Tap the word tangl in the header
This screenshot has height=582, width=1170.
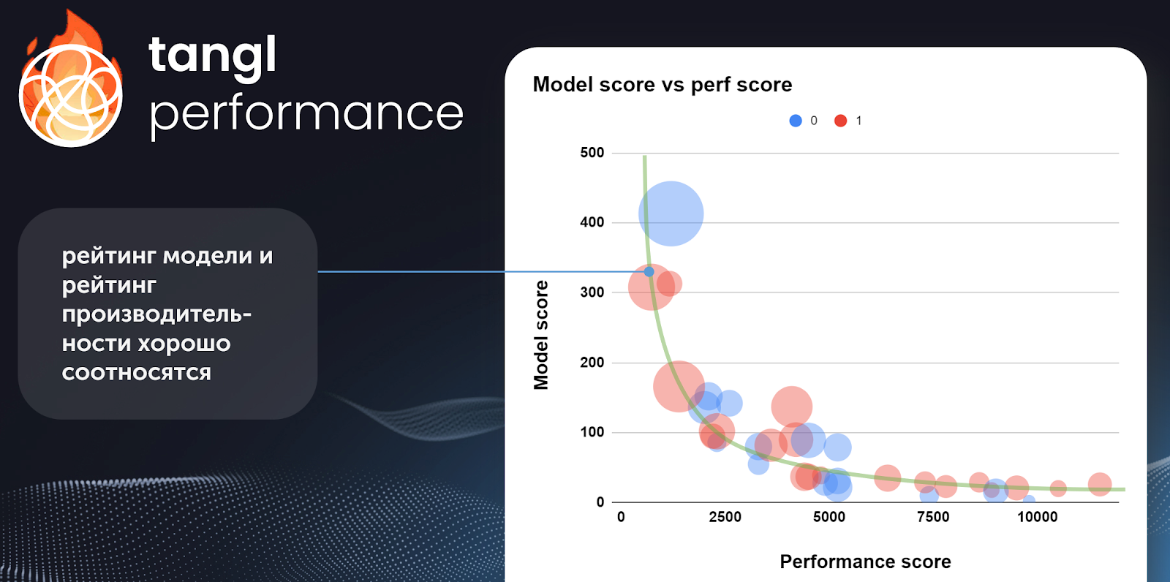click(213, 56)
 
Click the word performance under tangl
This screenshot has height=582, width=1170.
click(306, 114)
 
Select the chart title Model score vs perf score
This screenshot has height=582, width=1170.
click(663, 85)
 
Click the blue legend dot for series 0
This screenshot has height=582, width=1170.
click(796, 121)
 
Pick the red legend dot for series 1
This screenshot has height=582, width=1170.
click(840, 121)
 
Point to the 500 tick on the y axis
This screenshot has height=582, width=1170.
click(592, 153)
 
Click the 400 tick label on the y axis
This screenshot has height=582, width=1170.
click(592, 222)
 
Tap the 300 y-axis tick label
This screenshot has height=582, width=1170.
click(592, 292)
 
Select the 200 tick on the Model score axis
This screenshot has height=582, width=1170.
click(592, 362)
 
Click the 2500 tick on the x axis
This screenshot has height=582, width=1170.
click(725, 517)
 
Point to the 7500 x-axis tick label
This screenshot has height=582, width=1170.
click(933, 517)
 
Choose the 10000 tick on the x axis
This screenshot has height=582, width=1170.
click(1038, 517)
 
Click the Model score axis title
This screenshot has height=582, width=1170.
click(541, 335)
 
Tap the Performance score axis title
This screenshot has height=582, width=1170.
click(866, 562)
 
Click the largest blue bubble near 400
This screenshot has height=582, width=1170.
click(671, 213)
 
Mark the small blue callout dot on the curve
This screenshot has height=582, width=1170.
click(649, 272)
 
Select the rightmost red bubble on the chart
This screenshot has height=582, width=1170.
click(1100, 484)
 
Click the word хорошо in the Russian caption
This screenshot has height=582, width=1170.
click(184, 344)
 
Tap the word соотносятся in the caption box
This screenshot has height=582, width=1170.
click(136, 373)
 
